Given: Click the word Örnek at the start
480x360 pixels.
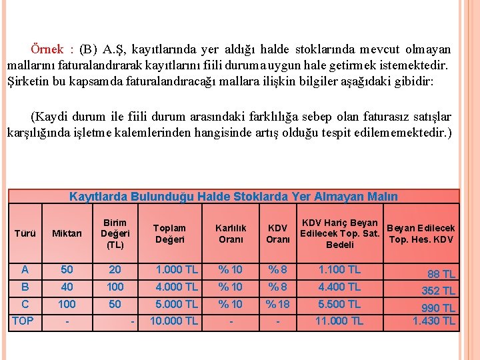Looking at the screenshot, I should click(x=47, y=49).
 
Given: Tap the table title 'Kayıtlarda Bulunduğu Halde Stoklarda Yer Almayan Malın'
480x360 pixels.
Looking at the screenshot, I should click(x=233, y=197).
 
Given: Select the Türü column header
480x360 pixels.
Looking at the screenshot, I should click(x=25, y=233).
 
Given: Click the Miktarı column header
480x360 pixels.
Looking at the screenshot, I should click(x=67, y=233).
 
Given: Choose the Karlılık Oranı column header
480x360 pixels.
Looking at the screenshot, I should click(x=231, y=233).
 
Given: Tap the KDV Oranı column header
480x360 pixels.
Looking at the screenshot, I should click(x=278, y=233).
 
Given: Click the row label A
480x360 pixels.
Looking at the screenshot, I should click(x=25, y=269).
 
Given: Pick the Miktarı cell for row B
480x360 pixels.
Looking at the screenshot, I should click(x=67, y=287).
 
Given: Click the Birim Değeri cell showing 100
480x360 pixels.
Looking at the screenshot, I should click(x=115, y=287).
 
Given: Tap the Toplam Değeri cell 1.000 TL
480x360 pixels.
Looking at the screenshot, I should click(x=177, y=270).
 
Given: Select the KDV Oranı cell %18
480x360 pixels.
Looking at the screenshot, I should click(x=278, y=304).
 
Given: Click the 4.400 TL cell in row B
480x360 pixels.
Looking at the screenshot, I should click(x=339, y=287).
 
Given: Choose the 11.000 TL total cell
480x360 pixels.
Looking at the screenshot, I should click(x=339, y=321).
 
